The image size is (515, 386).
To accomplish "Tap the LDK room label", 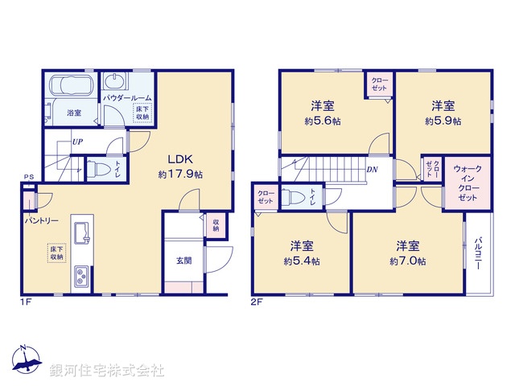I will (x=180, y=158).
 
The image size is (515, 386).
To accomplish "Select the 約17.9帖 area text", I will (x=180, y=174).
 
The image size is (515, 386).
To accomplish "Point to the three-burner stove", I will (x=82, y=278).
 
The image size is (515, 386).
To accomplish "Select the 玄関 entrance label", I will (x=183, y=261).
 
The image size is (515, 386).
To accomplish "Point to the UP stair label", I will (x=78, y=142).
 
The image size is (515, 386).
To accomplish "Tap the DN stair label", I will (x=373, y=170).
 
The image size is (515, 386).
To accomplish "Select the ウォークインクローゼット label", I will (x=468, y=183).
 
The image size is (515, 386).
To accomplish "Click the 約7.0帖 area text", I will (x=408, y=261).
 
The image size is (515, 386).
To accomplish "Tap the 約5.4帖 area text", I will (x=302, y=261).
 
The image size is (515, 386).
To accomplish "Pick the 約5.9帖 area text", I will (x=443, y=121).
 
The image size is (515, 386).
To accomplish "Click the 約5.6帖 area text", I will (x=324, y=121).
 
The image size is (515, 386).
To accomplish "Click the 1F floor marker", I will (x=25, y=303).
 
